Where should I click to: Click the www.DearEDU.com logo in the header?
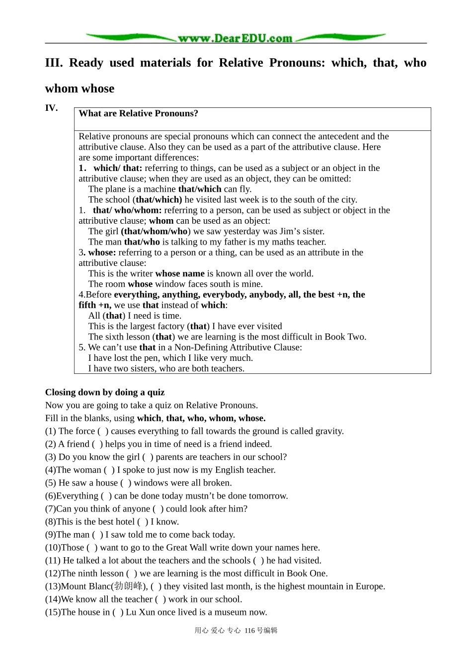coord(235,38)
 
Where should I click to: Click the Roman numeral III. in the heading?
coord(54,63)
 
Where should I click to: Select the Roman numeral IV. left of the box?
coord(51,108)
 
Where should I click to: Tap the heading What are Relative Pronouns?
coord(138,113)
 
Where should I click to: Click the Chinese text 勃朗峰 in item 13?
coord(128,586)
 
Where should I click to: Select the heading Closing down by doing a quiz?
coord(105,392)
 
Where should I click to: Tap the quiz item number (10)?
coord(53,547)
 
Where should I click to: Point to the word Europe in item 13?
coord(369,586)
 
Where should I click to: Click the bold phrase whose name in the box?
coord(180,273)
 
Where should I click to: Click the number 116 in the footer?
coord(249,630)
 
